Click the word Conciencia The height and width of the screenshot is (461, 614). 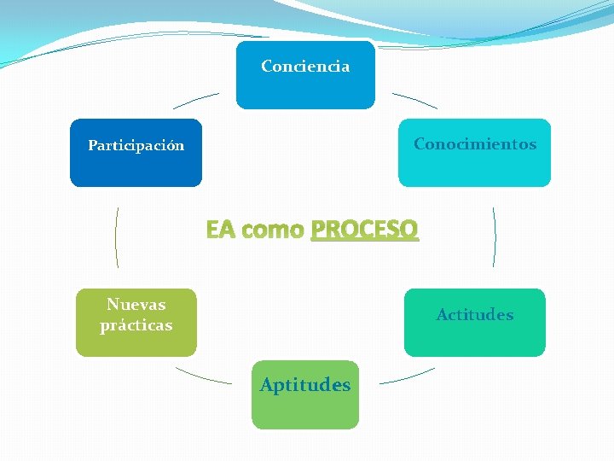click(x=305, y=67)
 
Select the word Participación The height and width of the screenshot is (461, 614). click(x=136, y=146)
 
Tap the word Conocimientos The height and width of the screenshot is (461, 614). click(x=475, y=144)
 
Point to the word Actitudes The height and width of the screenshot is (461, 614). click(x=475, y=315)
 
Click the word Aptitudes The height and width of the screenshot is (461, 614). click(x=305, y=385)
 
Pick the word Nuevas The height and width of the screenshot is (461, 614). click(x=136, y=305)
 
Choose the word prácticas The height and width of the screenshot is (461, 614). click(x=136, y=325)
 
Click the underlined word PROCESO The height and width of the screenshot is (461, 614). click(x=365, y=230)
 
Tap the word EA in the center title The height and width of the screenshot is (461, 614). click(x=219, y=230)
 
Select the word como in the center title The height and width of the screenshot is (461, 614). click(x=273, y=230)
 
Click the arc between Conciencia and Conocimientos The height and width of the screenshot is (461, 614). click(x=415, y=100)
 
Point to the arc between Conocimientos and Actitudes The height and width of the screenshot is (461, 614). click(x=495, y=236)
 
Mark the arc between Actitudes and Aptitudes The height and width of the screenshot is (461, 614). click(x=407, y=376)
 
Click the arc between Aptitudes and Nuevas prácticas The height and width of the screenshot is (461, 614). click(x=202, y=376)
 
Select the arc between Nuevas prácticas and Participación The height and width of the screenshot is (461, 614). click(x=116, y=236)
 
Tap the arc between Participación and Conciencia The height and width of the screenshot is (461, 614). click(x=195, y=100)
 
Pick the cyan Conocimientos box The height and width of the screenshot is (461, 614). click(x=474, y=169)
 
